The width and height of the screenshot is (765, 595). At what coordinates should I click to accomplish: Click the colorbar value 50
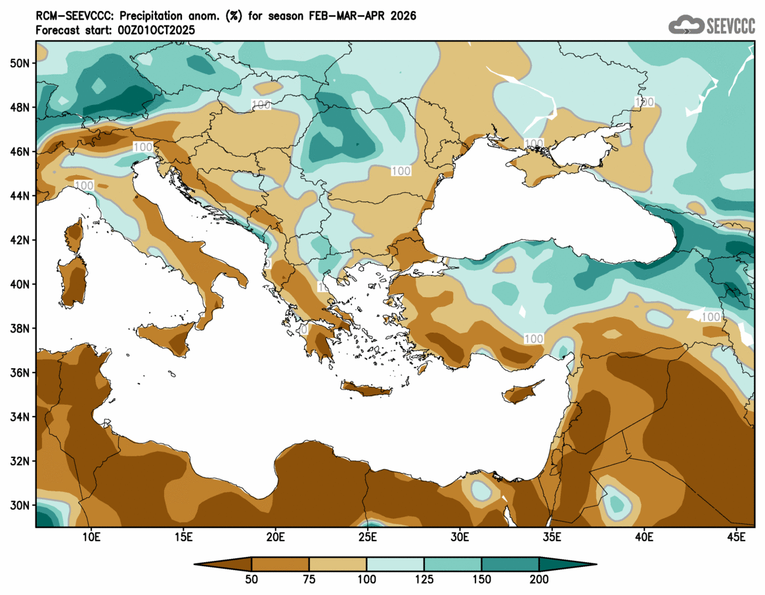point(251,580)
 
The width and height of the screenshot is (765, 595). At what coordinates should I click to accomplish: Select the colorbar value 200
point(539,580)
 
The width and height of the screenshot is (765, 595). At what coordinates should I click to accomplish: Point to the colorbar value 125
point(424,580)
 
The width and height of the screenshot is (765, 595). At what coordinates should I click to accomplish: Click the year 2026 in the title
point(401,15)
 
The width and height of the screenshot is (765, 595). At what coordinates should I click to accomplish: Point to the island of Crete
point(366,390)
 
